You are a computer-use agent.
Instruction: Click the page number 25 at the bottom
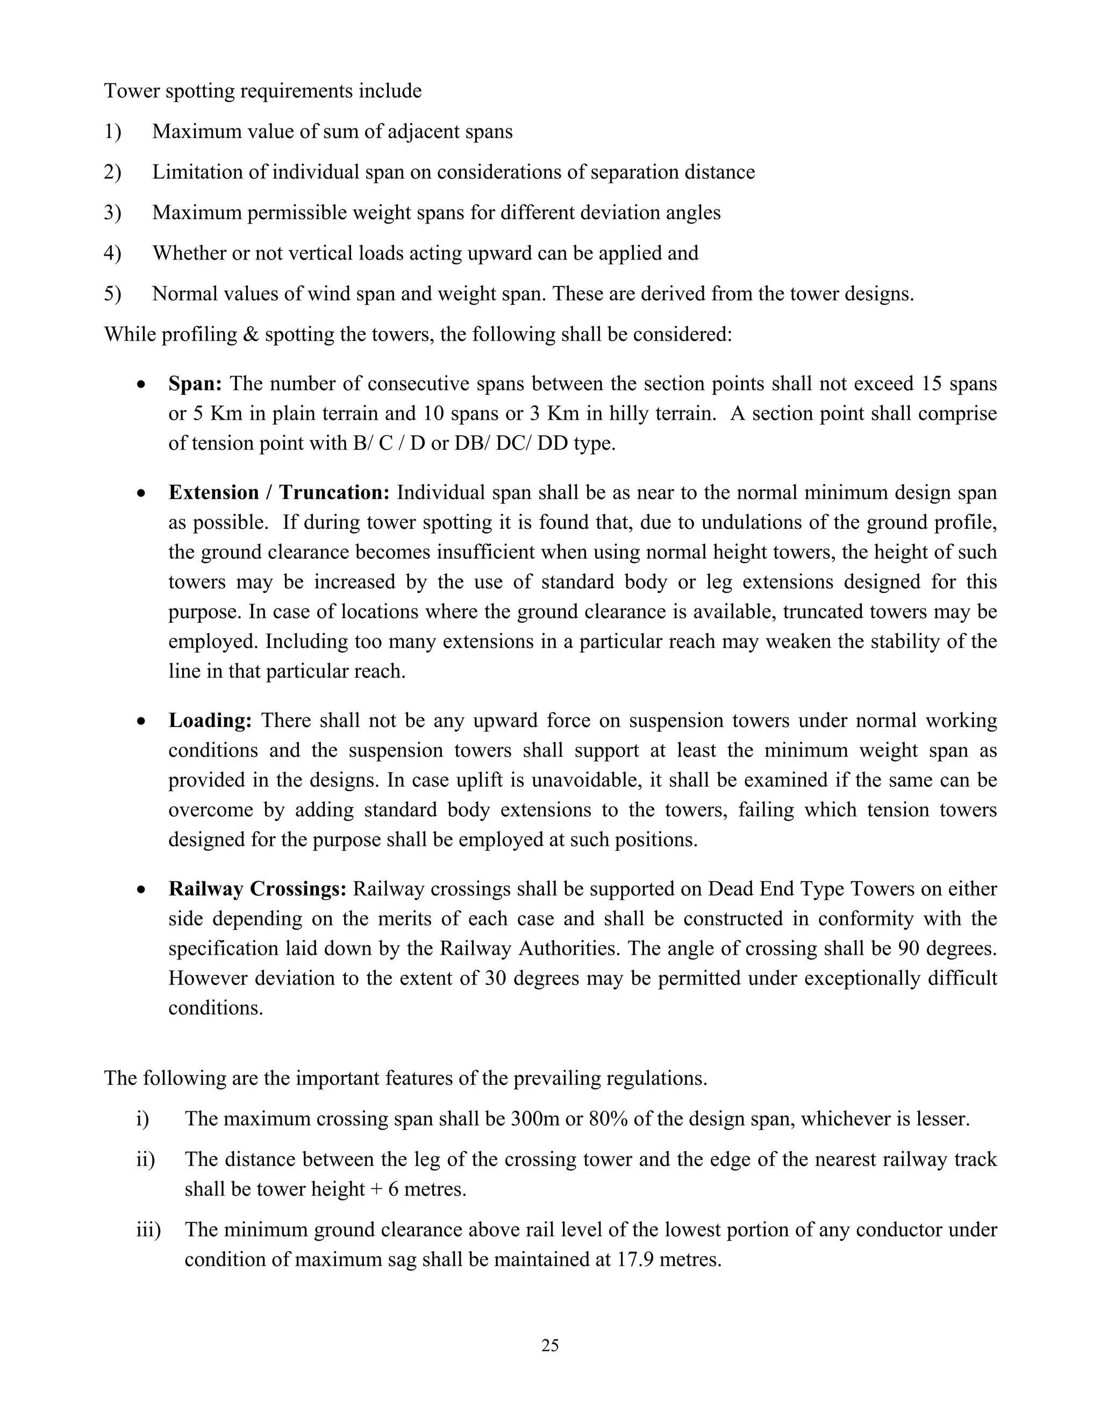[550, 1345]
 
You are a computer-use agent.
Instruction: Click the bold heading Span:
[195, 383]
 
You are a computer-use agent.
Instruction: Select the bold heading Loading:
[210, 721]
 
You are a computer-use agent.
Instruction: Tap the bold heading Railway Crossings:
[257, 889]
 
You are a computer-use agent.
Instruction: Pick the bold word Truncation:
[334, 492]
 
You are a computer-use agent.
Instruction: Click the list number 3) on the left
[112, 213]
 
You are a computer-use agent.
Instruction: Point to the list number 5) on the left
[112, 293]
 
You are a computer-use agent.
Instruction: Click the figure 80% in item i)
[608, 1119]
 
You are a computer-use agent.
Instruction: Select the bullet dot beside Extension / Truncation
[141, 494]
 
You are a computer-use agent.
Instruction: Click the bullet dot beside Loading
[141, 722]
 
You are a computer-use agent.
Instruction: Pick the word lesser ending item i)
[939, 1119]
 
